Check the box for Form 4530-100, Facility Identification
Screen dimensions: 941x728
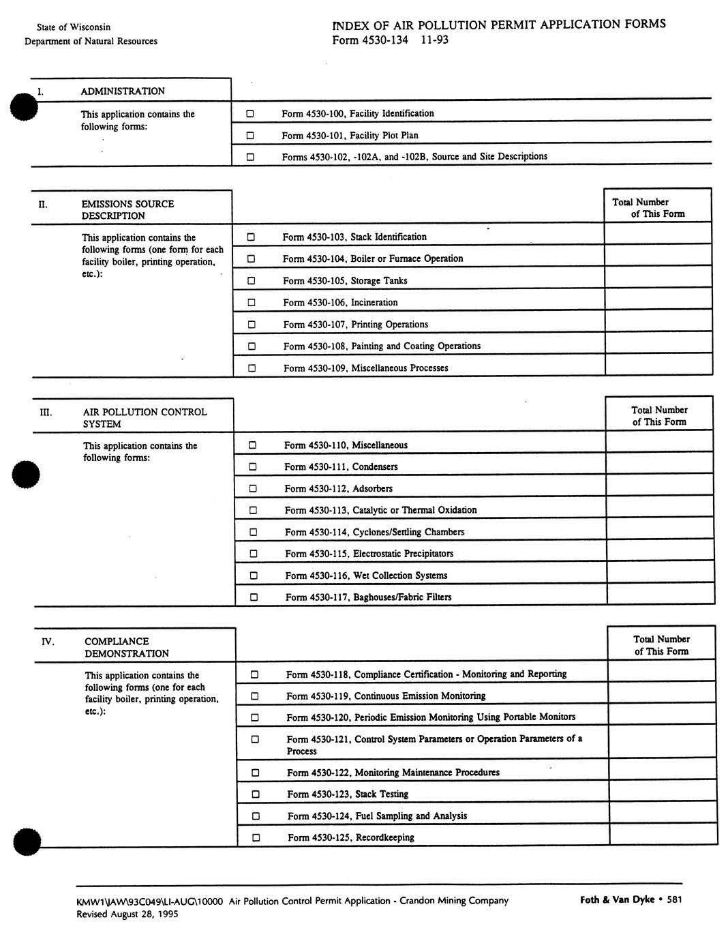250,113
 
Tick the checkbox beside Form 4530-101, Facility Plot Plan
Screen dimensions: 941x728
250,135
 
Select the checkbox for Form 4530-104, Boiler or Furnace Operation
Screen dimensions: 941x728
251,258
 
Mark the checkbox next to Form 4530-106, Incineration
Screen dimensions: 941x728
252,302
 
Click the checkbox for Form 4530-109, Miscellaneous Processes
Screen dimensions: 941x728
252,368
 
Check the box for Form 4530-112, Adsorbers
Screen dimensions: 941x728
253,488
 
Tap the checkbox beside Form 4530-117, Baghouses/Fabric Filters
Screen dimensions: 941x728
254,597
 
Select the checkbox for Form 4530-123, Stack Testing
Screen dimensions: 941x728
256,794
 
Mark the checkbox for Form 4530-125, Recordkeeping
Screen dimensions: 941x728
256,837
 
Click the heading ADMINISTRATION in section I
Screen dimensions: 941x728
123,91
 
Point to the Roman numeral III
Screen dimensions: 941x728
45,412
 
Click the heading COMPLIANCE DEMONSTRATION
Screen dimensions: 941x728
126,647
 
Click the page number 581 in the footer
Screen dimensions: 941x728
674,899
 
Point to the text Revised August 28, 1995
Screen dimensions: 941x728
127,914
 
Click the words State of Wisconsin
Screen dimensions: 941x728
74,27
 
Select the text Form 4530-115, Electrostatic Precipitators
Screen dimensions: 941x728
369,554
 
